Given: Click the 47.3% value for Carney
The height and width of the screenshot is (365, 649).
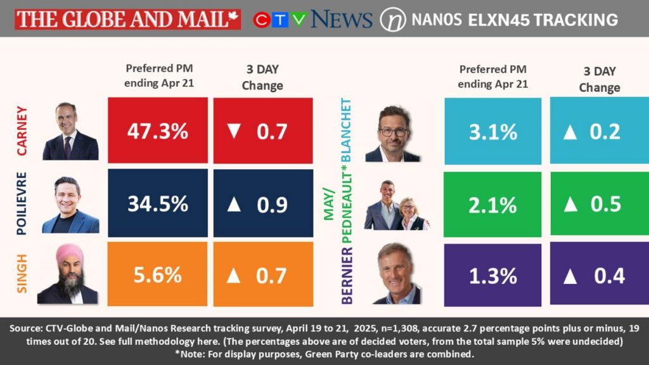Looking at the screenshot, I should [x=157, y=131].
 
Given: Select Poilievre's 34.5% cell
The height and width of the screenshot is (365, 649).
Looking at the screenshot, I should [x=157, y=204].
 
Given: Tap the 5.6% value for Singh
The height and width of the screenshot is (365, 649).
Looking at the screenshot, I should [x=157, y=275].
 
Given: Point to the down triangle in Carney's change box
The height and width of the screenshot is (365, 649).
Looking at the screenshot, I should [x=235, y=131].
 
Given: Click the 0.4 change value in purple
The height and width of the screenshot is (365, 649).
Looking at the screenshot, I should [x=609, y=276].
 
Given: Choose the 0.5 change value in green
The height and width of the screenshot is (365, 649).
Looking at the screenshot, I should [x=609, y=204].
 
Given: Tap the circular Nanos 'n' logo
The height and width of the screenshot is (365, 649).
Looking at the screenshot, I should [x=392, y=20].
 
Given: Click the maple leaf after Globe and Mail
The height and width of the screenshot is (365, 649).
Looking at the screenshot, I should [x=234, y=18].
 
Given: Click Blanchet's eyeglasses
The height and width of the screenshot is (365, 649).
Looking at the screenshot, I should [x=392, y=132].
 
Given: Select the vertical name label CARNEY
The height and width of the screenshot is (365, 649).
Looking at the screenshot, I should [x=23, y=131].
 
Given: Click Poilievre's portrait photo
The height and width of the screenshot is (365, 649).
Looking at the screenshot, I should [x=70, y=204].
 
